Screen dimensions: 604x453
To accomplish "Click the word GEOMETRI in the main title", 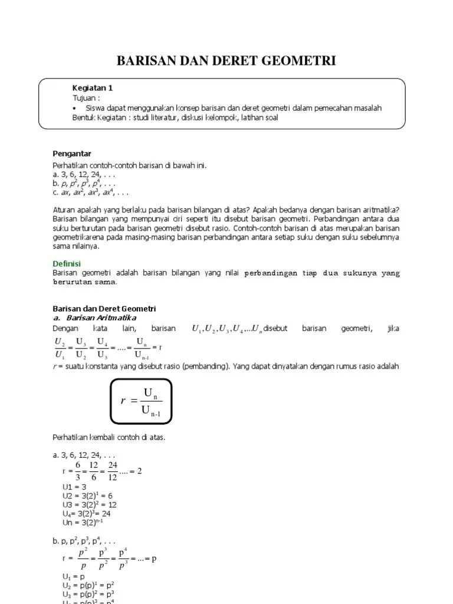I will (x=296, y=61).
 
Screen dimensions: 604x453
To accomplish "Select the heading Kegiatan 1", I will (x=92, y=88).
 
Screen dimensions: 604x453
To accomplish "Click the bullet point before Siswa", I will (x=75, y=108).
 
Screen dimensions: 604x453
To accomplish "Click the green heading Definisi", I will (x=67, y=263).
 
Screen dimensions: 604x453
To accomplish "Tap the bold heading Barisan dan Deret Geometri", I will (x=104, y=308).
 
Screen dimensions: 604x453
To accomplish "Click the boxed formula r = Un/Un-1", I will (x=141, y=401).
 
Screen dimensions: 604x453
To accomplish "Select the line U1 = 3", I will (x=74, y=487).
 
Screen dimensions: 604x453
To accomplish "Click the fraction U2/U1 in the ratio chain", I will (x=60, y=348).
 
